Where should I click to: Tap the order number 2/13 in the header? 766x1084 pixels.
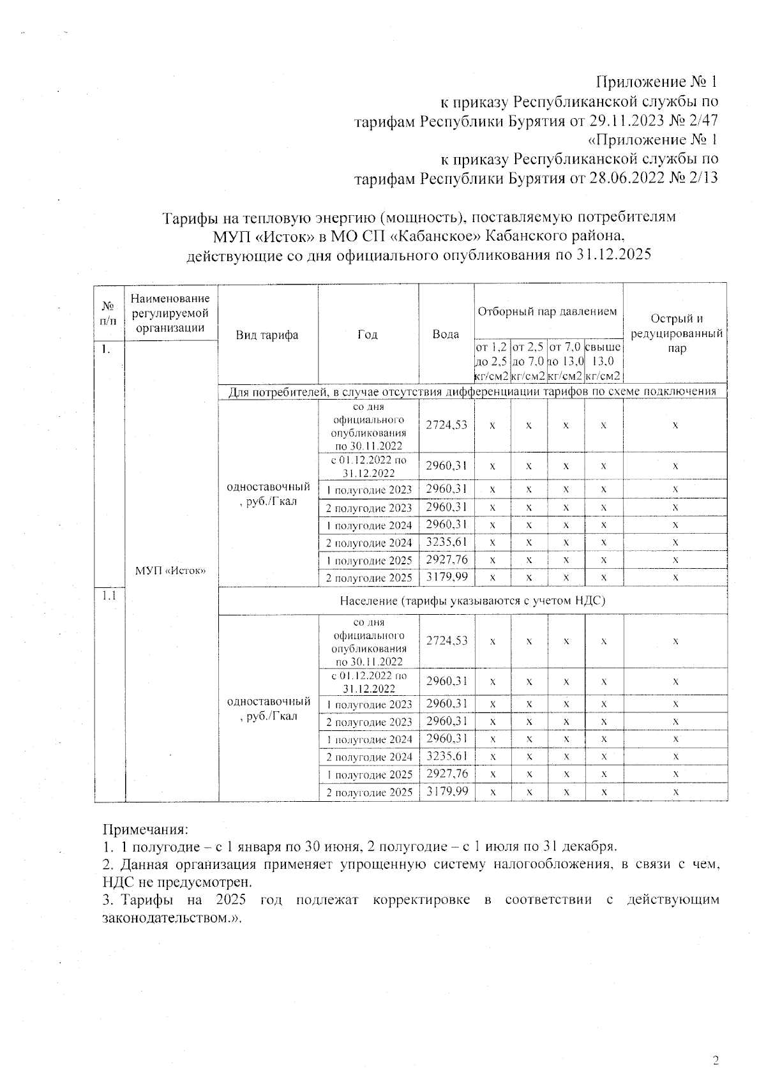click(701, 177)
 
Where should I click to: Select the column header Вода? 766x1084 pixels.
click(446, 334)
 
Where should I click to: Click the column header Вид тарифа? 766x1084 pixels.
click(267, 335)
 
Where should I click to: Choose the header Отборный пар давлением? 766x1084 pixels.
click(548, 312)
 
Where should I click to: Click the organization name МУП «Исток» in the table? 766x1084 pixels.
click(170, 571)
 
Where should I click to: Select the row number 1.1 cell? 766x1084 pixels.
click(109, 596)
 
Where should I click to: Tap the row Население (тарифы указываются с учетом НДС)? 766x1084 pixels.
click(472, 601)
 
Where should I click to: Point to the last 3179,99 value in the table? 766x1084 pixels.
click(446, 791)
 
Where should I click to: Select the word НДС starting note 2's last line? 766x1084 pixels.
click(117, 882)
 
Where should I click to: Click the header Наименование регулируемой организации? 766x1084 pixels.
click(170, 313)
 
